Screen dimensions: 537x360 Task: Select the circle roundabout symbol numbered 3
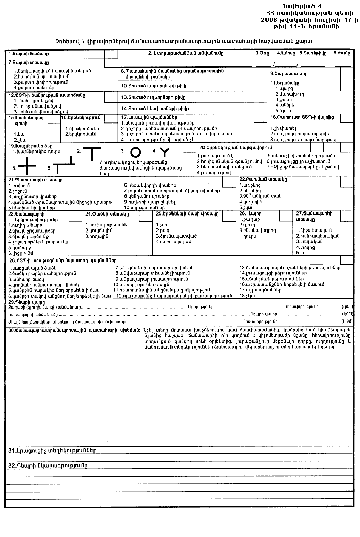coord(135,152)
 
